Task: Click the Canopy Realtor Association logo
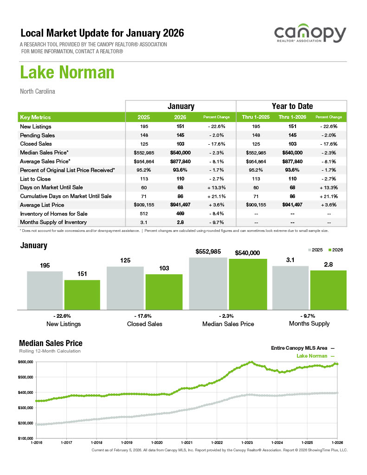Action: tap(309, 35)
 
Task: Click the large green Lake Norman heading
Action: tap(67, 73)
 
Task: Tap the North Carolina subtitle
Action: tap(38, 91)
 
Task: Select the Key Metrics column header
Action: tap(36, 117)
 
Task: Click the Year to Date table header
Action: tap(292, 106)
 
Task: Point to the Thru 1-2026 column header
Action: tap(292, 117)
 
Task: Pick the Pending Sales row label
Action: tap(38, 135)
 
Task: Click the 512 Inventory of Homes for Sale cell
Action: tap(143, 214)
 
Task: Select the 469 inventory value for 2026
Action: tap(180, 214)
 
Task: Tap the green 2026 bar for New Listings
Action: tap(82, 295)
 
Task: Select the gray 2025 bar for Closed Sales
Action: tap(125, 288)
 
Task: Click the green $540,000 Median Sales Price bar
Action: tap(248, 284)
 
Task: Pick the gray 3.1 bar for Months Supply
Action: tap(290, 288)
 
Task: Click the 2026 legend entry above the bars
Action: tap(335, 250)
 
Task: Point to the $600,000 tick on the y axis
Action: tap(26, 362)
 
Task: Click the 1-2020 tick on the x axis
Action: tap(156, 443)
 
